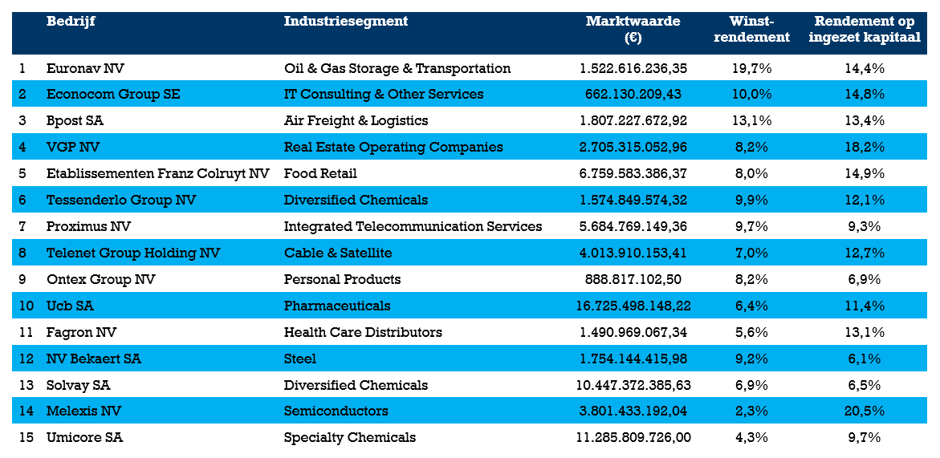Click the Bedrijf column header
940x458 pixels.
(71, 22)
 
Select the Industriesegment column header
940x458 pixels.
(345, 22)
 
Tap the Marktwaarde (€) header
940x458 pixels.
(633, 29)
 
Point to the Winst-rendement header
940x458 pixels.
(751, 29)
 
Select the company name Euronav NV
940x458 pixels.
(85, 68)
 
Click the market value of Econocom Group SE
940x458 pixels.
(633, 95)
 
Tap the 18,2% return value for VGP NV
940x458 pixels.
(865, 148)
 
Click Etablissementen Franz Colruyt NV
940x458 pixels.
(157, 174)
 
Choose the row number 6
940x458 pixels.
(22, 201)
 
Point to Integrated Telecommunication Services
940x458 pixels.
(413, 227)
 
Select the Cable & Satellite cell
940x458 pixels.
(338, 253)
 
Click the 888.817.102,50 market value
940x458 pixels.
(633, 280)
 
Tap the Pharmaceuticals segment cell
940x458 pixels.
(337, 306)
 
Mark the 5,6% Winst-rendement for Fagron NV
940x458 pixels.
(751, 333)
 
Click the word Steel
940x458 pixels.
(300, 359)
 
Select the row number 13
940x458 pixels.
(26, 386)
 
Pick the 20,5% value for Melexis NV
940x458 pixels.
(865, 411)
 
